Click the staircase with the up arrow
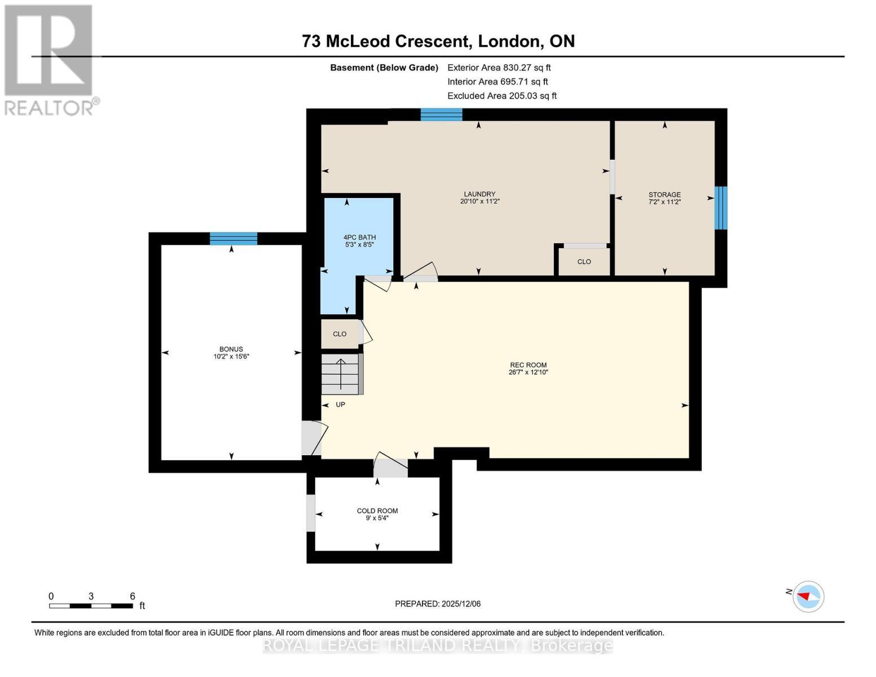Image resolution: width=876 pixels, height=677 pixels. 341,374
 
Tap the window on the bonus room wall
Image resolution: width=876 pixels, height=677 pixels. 234,239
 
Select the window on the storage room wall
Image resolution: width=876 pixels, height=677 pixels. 720,208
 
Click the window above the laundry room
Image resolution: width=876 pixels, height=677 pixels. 441,115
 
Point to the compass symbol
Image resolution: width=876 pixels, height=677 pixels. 808,596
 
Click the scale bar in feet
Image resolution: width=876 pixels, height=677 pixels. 91,605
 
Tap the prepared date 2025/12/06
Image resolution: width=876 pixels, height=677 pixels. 438,604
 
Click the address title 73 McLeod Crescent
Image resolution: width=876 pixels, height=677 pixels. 438,41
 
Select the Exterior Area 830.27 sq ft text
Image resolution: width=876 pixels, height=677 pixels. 499,68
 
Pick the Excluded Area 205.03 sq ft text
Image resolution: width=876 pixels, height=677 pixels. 502,96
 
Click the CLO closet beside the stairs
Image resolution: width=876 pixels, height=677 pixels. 340,334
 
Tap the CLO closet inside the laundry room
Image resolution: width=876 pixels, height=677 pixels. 584,262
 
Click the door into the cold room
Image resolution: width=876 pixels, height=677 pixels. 390,467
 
